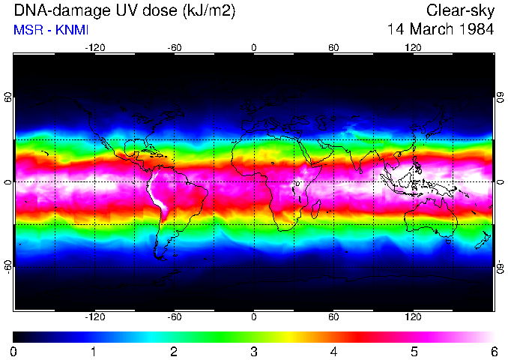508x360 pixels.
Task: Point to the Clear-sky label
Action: (460, 10)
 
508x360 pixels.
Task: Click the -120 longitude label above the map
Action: (94, 47)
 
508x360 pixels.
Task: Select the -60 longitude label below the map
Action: (174, 317)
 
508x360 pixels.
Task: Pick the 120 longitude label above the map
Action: (413, 47)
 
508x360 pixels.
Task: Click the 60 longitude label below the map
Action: (333, 317)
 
